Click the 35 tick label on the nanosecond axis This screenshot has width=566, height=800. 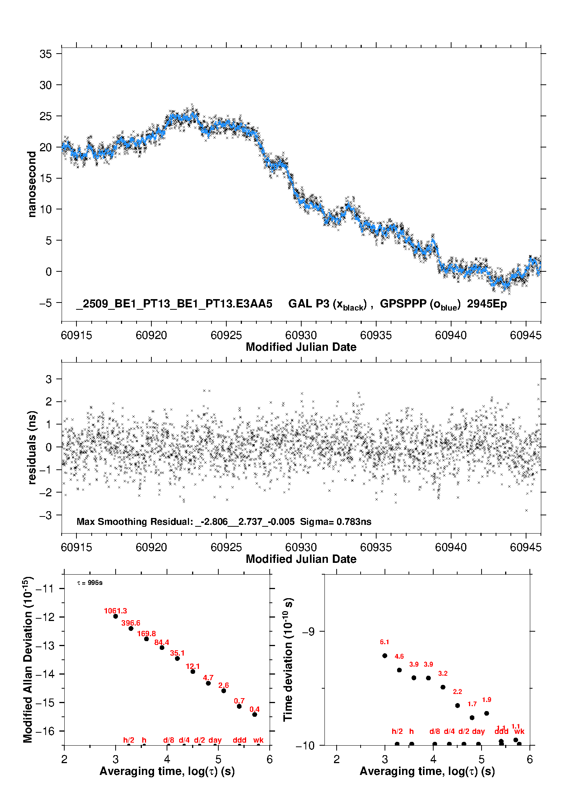(x=46, y=54)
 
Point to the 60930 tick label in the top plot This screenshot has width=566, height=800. (x=301, y=335)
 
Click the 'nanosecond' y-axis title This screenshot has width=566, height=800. (x=32, y=184)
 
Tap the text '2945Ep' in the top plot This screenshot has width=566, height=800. (x=487, y=304)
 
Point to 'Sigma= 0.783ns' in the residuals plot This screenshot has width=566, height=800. (x=335, y=521)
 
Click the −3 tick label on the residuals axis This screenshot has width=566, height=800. (x=46, y=515)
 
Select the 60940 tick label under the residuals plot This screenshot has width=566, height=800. (x=451, y=547)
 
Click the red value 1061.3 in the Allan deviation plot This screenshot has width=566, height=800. (x=115, y=611)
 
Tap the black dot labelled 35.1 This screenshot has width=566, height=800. (x=177, y=658)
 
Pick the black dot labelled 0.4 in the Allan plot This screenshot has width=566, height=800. (x=255, y=714)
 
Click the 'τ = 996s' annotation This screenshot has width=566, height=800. (x=90, y=583)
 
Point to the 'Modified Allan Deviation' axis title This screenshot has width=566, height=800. (x=27, y=659)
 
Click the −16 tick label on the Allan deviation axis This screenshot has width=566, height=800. (x=45, y=731)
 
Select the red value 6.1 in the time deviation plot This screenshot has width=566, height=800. (x=385, y=642)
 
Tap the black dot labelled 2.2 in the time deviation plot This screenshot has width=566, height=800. (x=458, y=705)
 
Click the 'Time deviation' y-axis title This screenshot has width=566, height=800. (x=288, y=659)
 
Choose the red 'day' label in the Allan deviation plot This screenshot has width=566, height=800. (x=215, y=740)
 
